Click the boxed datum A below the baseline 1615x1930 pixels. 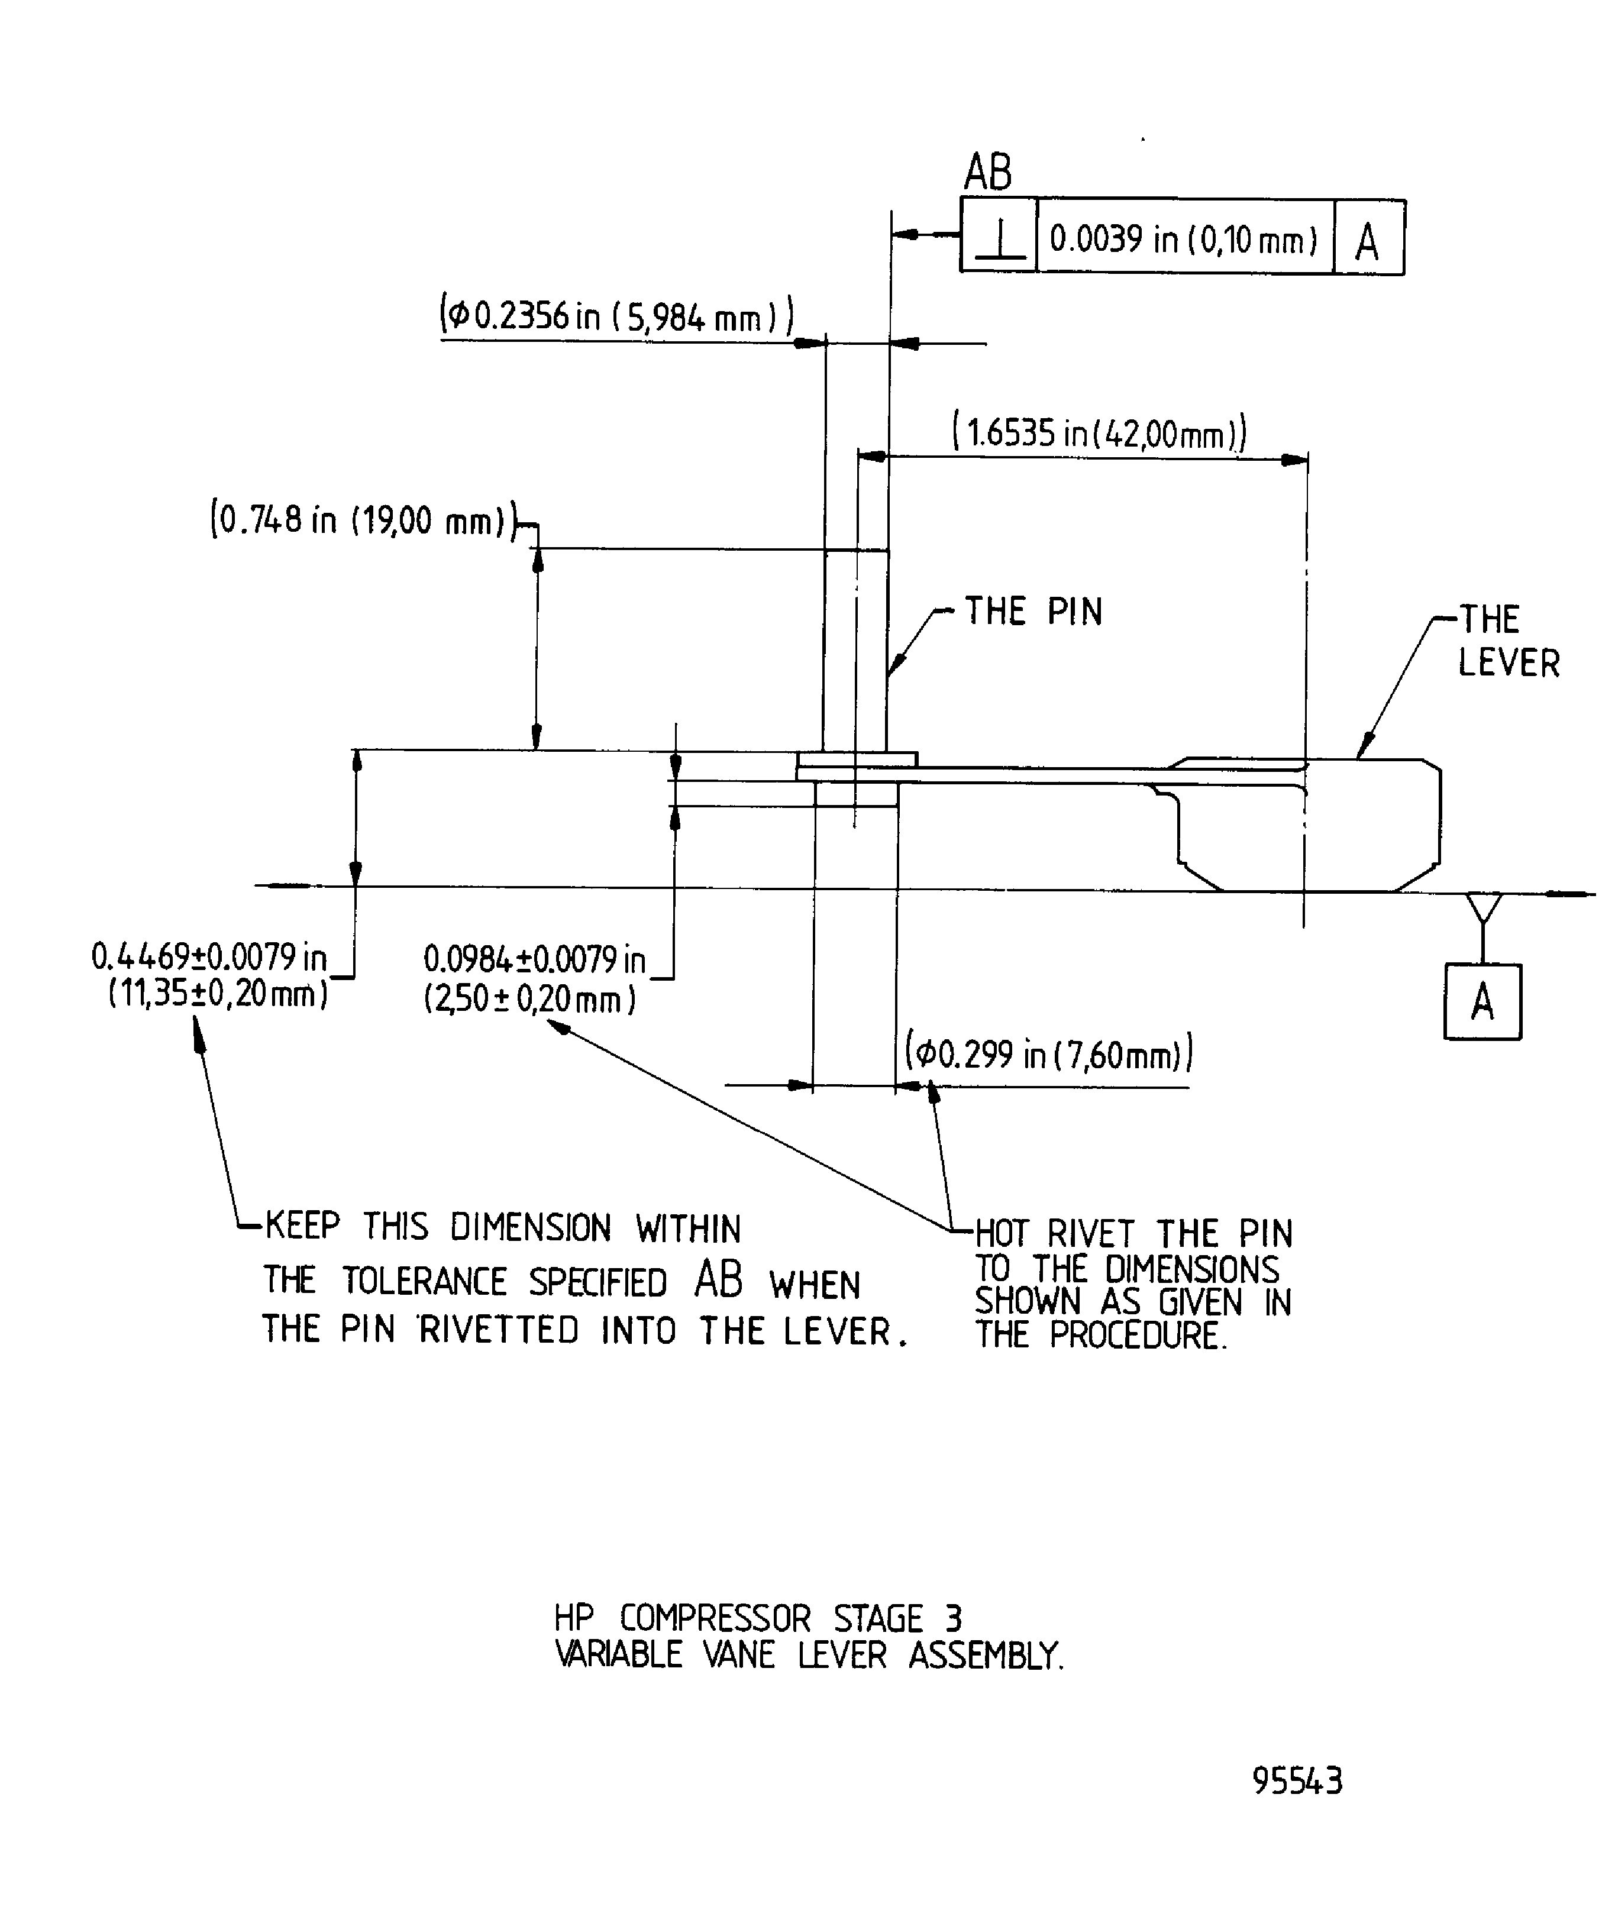[1482, 1002]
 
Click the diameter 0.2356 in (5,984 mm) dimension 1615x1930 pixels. [616, 317]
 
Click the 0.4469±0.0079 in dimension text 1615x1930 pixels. [209, 958]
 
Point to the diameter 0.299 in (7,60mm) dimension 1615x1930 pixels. [1048, 1054]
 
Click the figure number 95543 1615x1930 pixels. [1297, 1781]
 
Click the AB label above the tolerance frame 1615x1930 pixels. [988, 172]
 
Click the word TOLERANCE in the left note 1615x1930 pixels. [425, 1281]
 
